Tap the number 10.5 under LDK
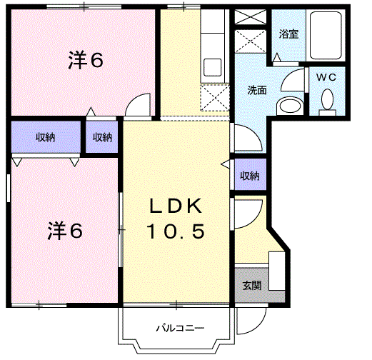point(177,231)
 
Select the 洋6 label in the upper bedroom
point(86,61)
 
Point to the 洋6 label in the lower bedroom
point(65,231)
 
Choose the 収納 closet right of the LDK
point(249,176)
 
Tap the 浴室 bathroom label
point(288,34)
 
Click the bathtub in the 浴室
point(328,36)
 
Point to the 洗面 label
point(257,91)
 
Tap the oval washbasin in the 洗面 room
point(288,106)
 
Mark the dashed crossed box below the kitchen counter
point(213,96)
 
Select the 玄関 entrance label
point(251,285)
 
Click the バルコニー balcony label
point(181,329)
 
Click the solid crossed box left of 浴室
point(251,18)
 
